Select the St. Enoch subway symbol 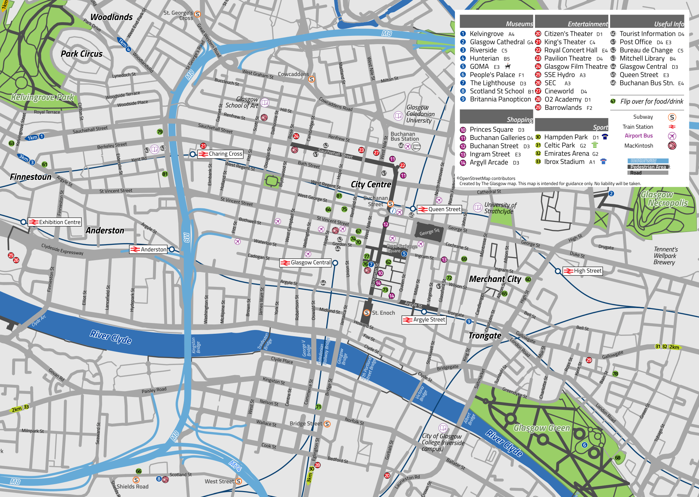coord(367,313)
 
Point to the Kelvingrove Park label coord(42,97)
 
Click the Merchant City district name coord(495,279)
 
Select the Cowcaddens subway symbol coord(311,79)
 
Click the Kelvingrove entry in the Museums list coord(486,34)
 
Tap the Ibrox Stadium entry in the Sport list coord(564,162)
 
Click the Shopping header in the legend coord(519,119)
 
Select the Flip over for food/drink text coord(651,101)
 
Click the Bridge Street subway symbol coord(327,424)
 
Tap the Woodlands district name coord(111,17)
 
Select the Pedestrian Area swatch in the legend coord(648,167)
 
